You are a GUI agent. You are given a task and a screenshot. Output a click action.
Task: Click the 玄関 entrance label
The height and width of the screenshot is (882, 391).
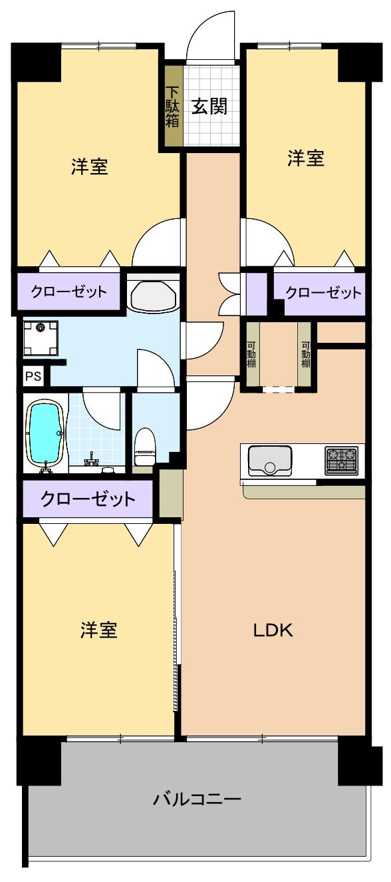click(x=209, y=106)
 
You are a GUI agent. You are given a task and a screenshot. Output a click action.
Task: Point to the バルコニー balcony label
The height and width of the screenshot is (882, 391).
click(x=197, y=798)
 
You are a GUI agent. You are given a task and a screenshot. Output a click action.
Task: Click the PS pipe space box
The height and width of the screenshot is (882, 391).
click(x=33, y=375)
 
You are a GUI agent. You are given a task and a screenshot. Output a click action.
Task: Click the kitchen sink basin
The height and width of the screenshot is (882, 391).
click(x=269, y=461)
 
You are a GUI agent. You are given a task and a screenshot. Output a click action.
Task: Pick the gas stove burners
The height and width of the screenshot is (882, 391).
click(x=340, y=459)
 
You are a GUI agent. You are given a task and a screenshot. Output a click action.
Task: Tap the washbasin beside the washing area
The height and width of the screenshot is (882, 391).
click(x=152, y=295)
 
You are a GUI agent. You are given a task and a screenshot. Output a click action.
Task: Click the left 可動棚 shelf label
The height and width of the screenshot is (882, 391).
click(x=251, y=355)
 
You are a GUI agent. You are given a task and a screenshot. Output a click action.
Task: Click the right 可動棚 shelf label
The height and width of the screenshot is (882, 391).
click(x=305, y=355)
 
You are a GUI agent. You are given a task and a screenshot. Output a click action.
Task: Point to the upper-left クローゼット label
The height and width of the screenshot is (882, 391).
click(x=61, y=292)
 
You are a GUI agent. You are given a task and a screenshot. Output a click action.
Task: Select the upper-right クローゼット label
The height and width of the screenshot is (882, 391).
click(x=323, y=292)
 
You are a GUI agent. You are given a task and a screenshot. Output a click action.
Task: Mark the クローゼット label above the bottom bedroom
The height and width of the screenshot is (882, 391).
click(x=88, y=499)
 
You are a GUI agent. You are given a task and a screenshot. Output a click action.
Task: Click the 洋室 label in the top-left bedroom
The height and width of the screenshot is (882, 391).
click(x=90, y=166)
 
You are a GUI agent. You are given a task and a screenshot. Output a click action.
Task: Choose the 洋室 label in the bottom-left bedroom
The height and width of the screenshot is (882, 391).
click(x=99, y=630)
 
